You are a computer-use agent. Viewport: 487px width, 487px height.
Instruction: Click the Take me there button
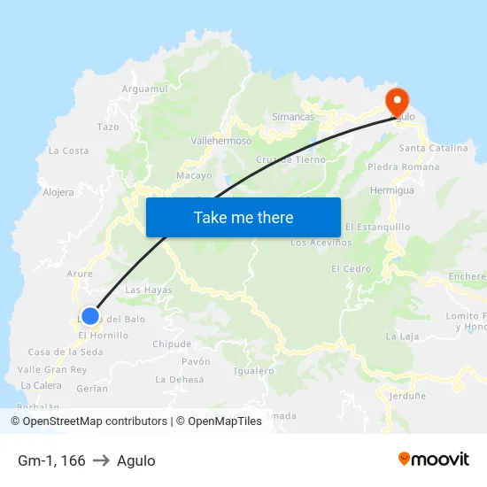pyautogui.click(x=243, y=217)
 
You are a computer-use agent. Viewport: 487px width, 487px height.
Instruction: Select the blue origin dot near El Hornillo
pyautogui.click(x=89, y=316)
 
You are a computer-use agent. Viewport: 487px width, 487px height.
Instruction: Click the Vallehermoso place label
pyautogui.click(x=221, y=140)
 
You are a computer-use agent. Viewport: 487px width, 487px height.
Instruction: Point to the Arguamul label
pyautogui.click(x=144, y=89)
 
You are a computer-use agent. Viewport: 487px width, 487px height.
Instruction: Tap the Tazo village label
pyautogui.click(x=108, y=127)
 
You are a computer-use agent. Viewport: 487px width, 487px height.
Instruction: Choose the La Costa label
pyautogui.click(x=68, y=151)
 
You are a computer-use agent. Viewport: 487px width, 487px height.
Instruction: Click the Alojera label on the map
pyautogui.click(x=58, y=191)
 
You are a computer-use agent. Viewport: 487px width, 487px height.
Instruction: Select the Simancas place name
pyautogui.click(x=293, y=117)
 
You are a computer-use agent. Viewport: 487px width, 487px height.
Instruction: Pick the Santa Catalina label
pyautogui.click(x=433, y=148)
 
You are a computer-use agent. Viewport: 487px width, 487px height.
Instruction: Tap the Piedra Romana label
pyautogui.click(x=403, y=166)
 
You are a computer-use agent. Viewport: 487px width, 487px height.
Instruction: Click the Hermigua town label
pyautogui.click(x=391, y=190)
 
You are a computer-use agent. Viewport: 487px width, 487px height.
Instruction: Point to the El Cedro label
pyautogui.click(x=351, y=268)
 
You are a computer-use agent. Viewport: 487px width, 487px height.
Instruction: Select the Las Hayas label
pyautogui.click(x=149, y=290)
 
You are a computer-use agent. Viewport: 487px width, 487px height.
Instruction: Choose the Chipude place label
pyautogui.click(x=172, y=344)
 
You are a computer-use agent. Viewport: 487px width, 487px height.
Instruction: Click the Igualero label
pyautogui.click(x=253, y=371)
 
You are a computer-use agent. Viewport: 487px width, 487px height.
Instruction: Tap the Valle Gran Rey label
pyautogui.click(x=52, y=369)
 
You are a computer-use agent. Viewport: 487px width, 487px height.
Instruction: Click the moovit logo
pyautogui.click(x=433, y=459)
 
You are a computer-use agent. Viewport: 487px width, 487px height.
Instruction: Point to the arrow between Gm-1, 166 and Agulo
pyautogui.click(x=101, y=460)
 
